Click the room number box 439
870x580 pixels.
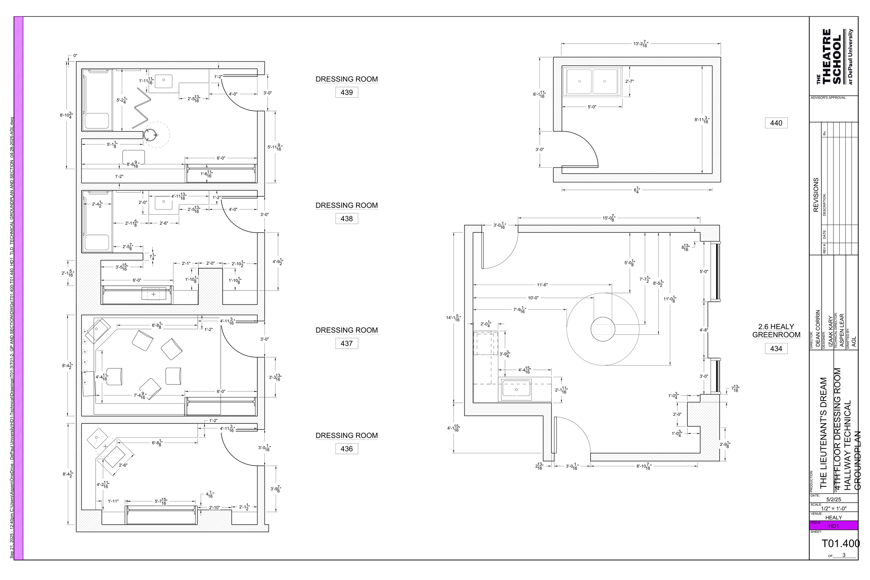(346, 93)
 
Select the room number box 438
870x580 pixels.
(346, 219)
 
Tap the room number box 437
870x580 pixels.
(346, 343)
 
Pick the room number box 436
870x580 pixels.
(346, 449)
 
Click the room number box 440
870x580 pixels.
(776, 123)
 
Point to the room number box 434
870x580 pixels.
(776, 348)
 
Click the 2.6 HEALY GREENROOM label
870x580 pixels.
(776, 331)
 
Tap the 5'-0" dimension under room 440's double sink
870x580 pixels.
(592, 107)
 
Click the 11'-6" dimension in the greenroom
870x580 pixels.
(542, 285)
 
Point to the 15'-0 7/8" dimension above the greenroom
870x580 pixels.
(609, 218)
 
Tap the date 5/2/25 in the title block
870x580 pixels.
(833, 499)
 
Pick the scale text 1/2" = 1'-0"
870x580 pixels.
(833, 508)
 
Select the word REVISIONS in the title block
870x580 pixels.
(816, 195)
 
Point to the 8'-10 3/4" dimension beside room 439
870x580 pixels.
(66, 115)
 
